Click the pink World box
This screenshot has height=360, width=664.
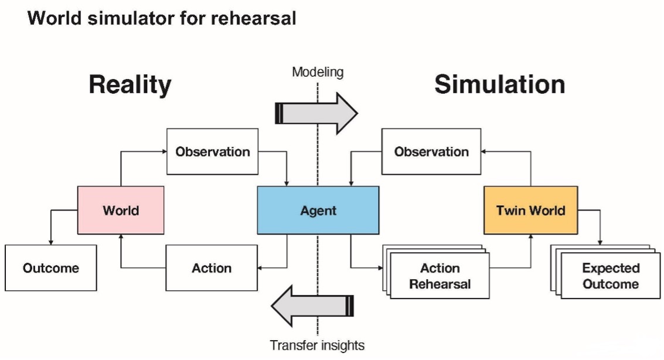click(121, 210)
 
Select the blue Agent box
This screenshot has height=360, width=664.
click(318, 210)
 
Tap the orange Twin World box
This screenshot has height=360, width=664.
click(530, 210)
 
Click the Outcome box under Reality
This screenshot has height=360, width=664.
click(50, 268)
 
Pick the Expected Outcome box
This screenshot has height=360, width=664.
click(611, 276)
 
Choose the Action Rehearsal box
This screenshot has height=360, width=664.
click(440, 276)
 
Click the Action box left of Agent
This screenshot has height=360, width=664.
click(212, 268)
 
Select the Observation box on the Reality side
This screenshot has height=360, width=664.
click(212, 152)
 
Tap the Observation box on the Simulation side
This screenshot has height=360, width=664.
click(431, 152)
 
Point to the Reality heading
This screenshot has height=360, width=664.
click(130, 84)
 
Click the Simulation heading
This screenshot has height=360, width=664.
click(499, 84)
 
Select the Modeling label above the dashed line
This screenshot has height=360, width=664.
click(318, 73)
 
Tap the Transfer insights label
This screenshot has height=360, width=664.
click(317, 345)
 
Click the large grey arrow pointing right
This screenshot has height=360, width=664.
click(316, 113)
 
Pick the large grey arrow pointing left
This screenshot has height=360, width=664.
click(312, 305)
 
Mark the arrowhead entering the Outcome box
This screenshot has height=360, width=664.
click(50, 242)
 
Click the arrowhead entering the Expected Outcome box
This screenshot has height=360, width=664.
click(601, 242)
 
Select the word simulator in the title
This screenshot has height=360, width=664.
click(131, 18)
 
